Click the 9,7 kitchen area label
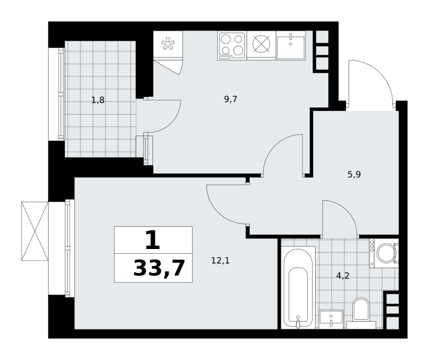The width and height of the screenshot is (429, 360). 230,100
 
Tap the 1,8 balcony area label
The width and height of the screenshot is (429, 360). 98,100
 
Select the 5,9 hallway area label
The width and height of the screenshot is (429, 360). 355,175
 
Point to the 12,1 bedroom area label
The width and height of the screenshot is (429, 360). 220,260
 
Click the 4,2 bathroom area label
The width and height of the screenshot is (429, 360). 343,276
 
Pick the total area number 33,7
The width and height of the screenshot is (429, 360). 159,269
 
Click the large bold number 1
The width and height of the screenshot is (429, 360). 152,240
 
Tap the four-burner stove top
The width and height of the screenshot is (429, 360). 232,46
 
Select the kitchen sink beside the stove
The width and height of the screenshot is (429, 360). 291,46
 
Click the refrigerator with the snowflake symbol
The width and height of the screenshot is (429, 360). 168,44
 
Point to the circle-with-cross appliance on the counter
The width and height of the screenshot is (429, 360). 261,44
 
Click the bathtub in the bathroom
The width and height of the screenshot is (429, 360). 298,287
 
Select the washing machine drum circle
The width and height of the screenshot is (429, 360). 385,253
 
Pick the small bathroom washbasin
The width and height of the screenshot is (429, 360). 331,320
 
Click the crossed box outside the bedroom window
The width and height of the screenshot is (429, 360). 35,231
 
